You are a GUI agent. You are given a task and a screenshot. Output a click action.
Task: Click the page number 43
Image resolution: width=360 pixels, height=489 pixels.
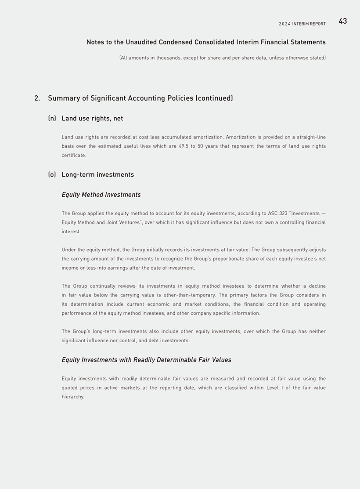342,21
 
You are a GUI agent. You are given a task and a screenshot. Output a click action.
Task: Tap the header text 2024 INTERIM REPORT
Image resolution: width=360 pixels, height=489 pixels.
302,24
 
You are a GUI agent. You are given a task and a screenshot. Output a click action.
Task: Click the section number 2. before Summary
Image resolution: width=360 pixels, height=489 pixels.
37,98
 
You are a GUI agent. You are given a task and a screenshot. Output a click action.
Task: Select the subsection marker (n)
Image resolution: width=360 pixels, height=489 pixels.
52,118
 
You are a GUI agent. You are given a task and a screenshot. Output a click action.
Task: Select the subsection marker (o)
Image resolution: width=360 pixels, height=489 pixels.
52,174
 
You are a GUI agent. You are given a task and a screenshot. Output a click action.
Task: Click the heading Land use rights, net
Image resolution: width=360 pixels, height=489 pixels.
92,118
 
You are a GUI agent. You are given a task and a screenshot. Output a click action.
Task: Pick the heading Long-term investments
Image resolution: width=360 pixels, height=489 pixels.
97,174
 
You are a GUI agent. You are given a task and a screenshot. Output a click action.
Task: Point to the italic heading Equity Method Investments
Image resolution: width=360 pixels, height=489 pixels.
101,195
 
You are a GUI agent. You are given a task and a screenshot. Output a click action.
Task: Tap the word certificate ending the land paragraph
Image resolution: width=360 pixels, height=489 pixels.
73,156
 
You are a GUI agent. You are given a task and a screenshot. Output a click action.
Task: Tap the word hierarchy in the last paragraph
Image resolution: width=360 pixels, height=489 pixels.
72,397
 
